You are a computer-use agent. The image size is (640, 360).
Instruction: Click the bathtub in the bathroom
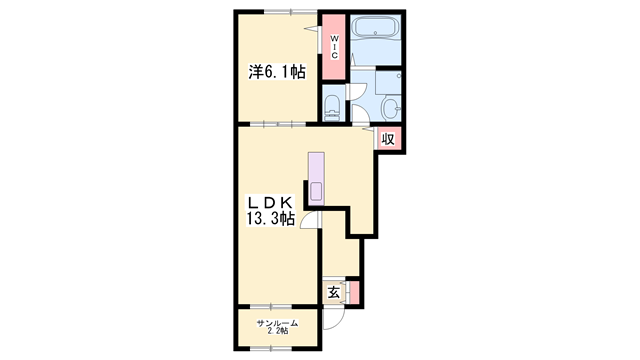pyautogui.click(x=375, y=28)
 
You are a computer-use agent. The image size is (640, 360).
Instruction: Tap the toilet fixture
pyautogui.click(x=332, y=108)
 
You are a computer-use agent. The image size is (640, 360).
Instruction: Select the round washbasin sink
pyautogui.click(x=391, y=108)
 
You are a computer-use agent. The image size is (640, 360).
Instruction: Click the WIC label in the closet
pyautogui.click(x=334, y=47)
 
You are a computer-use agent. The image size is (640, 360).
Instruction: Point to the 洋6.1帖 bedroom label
pyautogui.click(x=277, y=72)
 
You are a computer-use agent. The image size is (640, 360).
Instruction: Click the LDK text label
pyautogui.click(x=269, y=202)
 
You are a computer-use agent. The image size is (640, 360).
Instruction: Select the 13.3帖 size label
pyautogui.click(x=270, y=219)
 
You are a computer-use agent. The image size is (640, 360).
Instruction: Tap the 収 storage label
pyautogui.click(x=388, y=139)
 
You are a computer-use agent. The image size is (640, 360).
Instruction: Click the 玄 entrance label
pyautogui.click(x=334, y=292)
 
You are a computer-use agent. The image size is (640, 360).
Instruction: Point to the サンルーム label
pyautogui.click(x=277, y=324)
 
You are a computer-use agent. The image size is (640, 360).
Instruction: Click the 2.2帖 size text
pyautogui.click(x=278, y=331)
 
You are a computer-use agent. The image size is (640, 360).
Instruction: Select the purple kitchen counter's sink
pyautogui.click(x=316, y=191)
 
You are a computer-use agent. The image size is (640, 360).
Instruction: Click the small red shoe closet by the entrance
pyautogui.click(x=355, y=292)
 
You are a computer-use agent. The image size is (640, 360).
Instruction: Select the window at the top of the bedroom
pyautogui.click(x=291, y=12)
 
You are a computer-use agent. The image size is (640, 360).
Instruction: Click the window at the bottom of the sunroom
pyautogui.click(x=271, y=349)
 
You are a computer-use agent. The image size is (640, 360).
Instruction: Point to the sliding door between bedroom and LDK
pyautogui.click(x=278, y=124)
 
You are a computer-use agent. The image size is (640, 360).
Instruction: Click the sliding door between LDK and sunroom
pyautogui.click(x=271, y=306)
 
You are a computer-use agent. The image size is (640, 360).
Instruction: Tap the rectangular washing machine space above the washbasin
pyautogui.click(x=388, y=82)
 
